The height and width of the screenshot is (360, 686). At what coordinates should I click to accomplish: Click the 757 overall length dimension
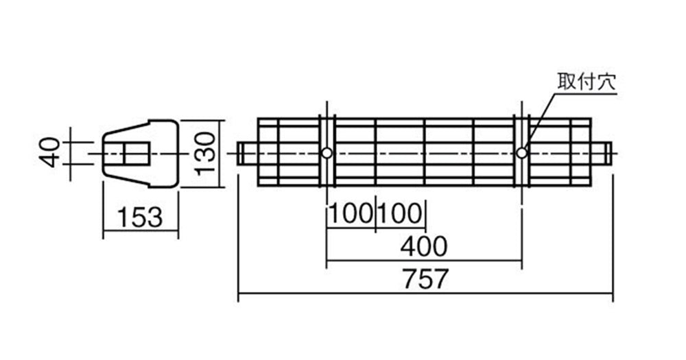tap(426, 279)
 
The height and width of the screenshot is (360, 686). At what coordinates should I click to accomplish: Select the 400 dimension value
tap(424, 246)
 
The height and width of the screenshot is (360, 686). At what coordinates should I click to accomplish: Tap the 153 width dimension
tap(140, 217)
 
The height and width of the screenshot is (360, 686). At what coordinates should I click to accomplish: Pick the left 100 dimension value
tap(351, 215)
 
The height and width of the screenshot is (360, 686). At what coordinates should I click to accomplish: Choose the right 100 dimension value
tap(400, 215)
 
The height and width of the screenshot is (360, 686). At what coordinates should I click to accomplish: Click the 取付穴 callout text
tap(587, 82)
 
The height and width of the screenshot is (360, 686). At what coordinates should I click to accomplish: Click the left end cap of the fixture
tap(248, 154)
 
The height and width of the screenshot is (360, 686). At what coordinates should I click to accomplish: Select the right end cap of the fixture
tap(601, 154)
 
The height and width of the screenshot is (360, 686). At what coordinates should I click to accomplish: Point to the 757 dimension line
tap(425, 293)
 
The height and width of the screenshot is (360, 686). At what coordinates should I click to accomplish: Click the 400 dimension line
tap(424, 261)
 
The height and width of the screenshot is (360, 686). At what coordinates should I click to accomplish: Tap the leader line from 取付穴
tap(539, 121)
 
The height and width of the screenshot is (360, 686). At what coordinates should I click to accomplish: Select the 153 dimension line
tap(141, 231)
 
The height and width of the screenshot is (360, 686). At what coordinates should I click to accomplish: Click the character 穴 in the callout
tap(606, 82)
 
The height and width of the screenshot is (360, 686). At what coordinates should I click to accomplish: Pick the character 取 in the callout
tap(567, 82)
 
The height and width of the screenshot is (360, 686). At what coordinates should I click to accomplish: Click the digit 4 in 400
tap(408, 246)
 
